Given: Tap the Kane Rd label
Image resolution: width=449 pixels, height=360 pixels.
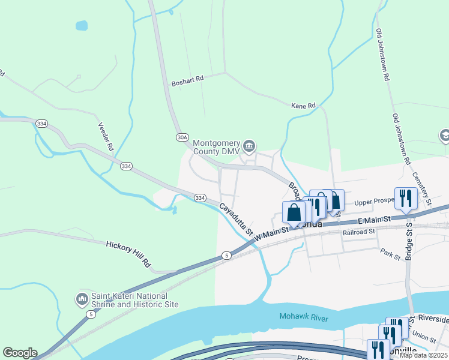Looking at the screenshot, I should (x=303, y=106).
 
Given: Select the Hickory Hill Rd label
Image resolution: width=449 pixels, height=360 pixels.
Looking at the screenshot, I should (x=128, y=254).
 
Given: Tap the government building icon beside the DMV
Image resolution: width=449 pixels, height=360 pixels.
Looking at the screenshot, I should (x=249, y=146).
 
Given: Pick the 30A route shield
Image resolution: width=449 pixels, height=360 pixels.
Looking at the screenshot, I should (x=182, y=137).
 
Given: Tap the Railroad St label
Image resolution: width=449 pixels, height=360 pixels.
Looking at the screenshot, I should (x=359, y=231).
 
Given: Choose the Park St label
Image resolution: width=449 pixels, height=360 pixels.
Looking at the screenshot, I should (x=390, y=254).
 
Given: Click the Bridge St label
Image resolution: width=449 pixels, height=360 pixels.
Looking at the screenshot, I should (x=409, y=240).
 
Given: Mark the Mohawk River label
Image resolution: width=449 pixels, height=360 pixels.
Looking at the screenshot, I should (x=304, y=317).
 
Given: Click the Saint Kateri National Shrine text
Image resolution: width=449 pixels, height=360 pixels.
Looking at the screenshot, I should (x=135, y=300).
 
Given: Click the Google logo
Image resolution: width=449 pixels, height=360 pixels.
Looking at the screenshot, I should (x=20, y=353).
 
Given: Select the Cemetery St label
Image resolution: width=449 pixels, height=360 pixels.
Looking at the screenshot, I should (x=423, y=189).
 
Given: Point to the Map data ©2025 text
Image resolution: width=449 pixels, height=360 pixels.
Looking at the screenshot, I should (x=424, y=355).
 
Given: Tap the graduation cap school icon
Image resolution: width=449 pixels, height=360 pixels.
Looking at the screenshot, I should (x=445, y=136).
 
